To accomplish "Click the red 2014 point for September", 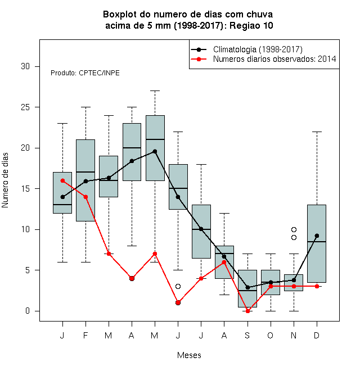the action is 247,311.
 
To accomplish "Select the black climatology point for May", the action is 155,151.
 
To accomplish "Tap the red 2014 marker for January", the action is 63,180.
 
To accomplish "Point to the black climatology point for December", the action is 317,236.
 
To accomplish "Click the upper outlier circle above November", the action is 294,229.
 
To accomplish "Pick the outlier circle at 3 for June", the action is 178,286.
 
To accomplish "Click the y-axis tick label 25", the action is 25,107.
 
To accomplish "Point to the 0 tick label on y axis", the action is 28,311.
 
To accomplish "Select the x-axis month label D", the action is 317,335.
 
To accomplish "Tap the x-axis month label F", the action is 85,335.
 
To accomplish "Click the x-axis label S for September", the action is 247,335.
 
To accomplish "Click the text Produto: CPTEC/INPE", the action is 85,73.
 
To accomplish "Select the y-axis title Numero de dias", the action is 5,180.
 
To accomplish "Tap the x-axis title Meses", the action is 189,355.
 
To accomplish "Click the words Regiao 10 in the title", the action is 251,25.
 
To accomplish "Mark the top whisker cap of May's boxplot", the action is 155,91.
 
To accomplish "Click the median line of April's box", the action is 132,148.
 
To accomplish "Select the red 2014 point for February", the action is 85,197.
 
